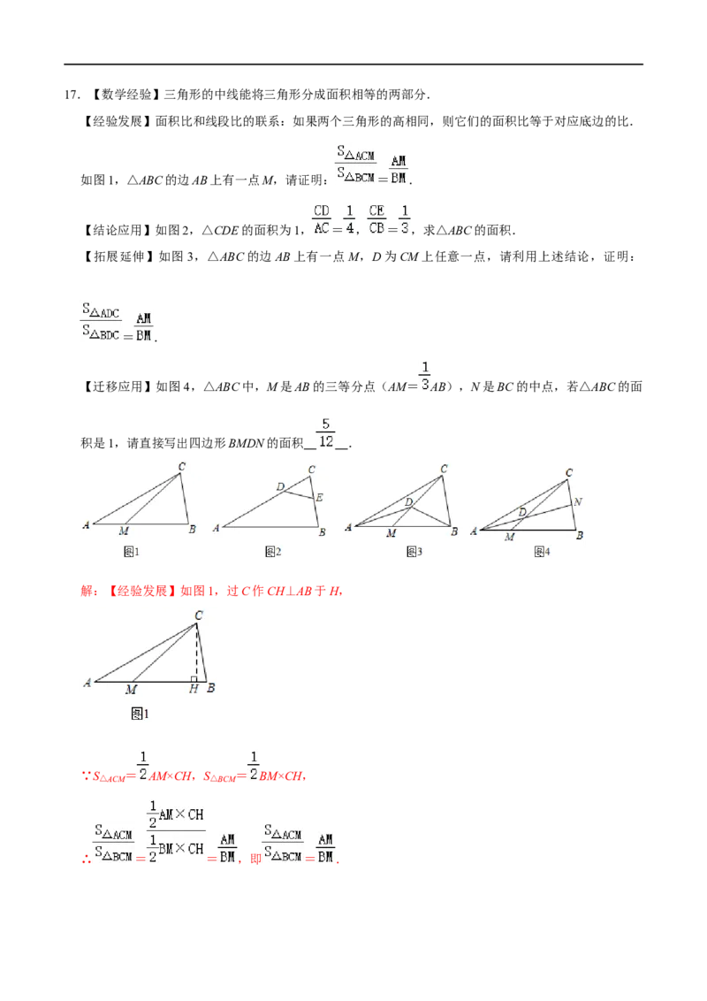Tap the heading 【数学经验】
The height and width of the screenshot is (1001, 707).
pos(125,95)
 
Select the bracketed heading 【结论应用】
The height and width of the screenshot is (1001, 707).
pos(118,230)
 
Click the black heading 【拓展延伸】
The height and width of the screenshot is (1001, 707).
pos(118,256)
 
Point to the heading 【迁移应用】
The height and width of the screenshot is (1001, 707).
pos(118,386)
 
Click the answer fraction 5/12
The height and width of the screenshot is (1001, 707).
pos(326,432)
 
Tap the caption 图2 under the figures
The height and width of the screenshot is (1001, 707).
pos(273,552)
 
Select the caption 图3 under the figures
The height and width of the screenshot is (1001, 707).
pos(414,552)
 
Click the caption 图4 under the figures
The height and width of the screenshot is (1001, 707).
pos(542,552)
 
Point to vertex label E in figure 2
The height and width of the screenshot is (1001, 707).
pos(320,497)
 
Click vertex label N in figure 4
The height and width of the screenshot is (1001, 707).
pos(577,501)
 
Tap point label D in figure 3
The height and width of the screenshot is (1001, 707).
pos(409,502)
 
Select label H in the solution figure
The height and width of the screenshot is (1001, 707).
pos(194,689)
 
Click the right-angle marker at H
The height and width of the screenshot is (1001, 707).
pos(194,679)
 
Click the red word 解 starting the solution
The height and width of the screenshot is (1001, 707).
pos(87,592)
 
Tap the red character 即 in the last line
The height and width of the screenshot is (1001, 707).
pos(256,859)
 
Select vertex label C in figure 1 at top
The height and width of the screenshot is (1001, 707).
pos(182,467)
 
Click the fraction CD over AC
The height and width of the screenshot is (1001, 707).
pos(322,219)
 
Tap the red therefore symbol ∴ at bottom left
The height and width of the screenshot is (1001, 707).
pos(87,860)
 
